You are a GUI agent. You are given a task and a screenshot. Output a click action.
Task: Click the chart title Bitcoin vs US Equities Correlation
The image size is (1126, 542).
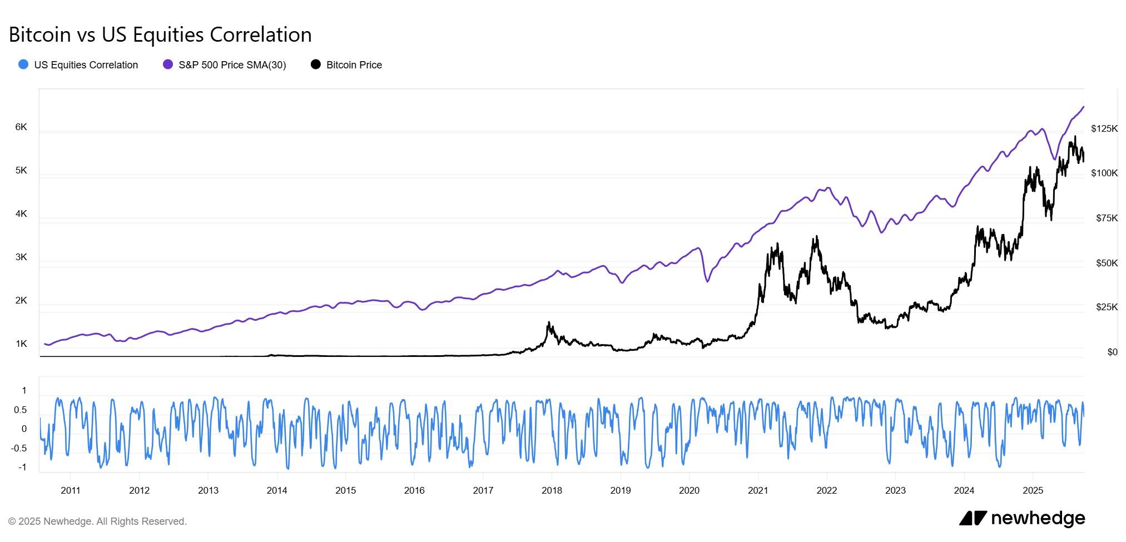point(160,34)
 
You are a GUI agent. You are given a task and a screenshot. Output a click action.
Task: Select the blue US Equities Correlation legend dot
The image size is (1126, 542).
point(23,64)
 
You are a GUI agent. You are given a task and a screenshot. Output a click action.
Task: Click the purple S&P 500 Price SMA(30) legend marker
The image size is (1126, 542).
point(168,64)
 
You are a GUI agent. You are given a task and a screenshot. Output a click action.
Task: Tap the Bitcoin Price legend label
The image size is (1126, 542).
point(354,65)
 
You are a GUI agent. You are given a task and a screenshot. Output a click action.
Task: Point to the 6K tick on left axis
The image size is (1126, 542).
point(21,127)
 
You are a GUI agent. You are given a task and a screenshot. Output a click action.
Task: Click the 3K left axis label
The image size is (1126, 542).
point(21,257)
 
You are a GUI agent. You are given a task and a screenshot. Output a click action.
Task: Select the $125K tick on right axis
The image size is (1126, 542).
point(1104,129)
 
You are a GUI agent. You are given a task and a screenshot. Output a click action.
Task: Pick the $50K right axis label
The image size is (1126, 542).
point(1106,263)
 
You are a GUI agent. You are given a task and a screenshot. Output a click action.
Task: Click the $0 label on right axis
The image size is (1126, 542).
point(1112,352)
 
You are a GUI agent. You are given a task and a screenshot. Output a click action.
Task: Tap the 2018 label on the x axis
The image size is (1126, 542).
point(552,490)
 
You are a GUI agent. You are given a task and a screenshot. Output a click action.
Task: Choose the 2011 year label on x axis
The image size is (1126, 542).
point(71,490)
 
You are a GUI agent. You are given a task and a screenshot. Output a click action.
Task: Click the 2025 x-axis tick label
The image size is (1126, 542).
point(1033,490)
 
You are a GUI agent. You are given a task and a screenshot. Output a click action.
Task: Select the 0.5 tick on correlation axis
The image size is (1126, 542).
point(21,410)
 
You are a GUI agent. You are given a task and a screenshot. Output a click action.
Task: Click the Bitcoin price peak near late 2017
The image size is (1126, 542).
point(549,322)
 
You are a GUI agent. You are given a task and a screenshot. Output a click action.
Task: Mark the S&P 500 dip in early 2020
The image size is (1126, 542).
point(707,281)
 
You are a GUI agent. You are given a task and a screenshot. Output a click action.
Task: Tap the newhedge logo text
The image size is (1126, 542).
point(1037,518)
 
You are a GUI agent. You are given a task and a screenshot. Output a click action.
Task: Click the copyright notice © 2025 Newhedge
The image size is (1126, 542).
point(97,521)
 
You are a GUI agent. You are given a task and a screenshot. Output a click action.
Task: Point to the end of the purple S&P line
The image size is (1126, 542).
point(1083,107)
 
